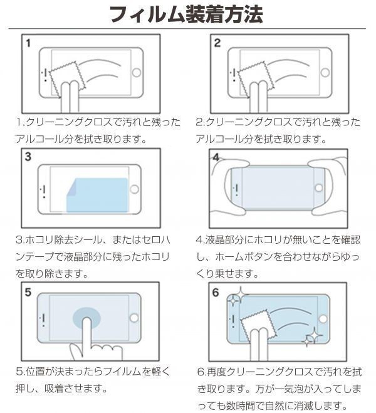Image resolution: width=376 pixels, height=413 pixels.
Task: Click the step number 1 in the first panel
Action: tap(29, 43)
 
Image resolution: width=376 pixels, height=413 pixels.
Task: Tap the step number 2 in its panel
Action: tap(217, 43)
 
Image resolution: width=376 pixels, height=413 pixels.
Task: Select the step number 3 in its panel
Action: tap(29, 157)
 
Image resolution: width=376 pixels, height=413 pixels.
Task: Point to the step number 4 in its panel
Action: tap(216, 157)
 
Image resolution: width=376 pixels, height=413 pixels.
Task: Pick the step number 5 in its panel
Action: tap(28, 291)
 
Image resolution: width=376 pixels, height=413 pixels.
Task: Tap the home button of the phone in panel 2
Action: tap(325, 73)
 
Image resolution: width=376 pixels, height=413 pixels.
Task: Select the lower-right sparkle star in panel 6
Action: tap(310, 339)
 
